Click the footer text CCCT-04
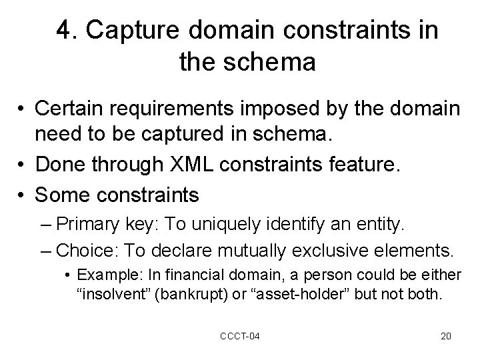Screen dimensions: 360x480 (239, 335)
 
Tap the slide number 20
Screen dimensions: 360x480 (445, 335)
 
